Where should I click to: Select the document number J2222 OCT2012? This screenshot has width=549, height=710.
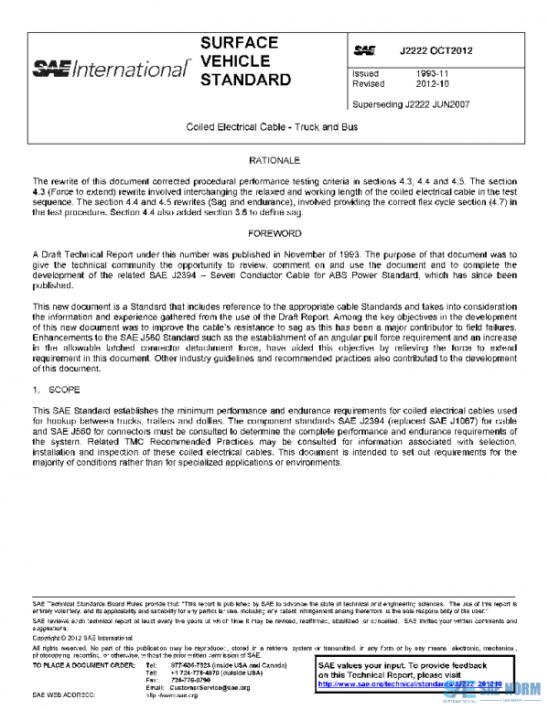pyautogui.click(x=436, y=49)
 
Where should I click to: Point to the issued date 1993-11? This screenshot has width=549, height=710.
pyautogui.click(x=433, y=73)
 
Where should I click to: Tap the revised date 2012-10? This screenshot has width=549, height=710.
pyautogui.click(x=433, y=83)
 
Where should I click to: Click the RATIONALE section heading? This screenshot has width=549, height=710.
pyautogui.click(x=274, y=160)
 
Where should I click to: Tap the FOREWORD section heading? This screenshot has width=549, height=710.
pyautogui.click(x=274, y=233)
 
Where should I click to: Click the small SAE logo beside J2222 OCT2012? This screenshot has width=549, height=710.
pyautogui.click(x=363, y=49)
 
